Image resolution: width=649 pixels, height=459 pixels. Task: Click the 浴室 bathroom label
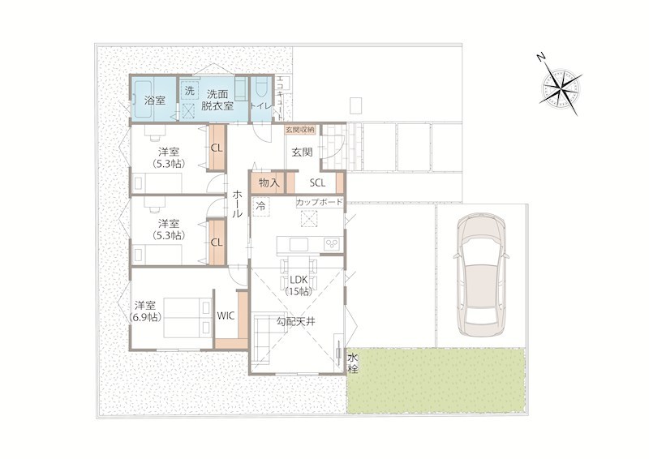click(155, 101)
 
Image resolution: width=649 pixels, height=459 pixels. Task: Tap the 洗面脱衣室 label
click(217, 101)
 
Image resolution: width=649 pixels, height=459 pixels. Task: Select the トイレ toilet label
click(260, 106)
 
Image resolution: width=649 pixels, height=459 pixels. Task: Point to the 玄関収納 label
click(299, 130)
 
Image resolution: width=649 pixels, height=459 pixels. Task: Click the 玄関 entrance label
click(302, 152)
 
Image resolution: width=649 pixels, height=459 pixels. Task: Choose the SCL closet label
click(317, 182)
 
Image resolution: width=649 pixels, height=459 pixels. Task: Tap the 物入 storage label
click(269, 182)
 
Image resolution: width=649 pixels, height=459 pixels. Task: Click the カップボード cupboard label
click(319, 202)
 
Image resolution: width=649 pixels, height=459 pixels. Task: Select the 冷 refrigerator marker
click(260, 206)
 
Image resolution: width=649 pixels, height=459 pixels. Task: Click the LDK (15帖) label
click(298, 285)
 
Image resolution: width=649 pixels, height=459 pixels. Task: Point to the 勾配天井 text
click(295, 321)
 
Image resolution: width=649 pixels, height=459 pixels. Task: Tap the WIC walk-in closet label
click(226, 316)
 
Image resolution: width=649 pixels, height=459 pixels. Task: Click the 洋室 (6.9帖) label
click(145, 311)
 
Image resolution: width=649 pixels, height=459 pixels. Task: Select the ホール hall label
click(238, 204)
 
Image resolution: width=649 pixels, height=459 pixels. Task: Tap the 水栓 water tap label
click(353, 363)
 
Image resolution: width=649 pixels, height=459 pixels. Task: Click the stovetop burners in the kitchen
click(332, 244)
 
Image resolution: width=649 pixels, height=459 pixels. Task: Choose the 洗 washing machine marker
click(190, 91)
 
